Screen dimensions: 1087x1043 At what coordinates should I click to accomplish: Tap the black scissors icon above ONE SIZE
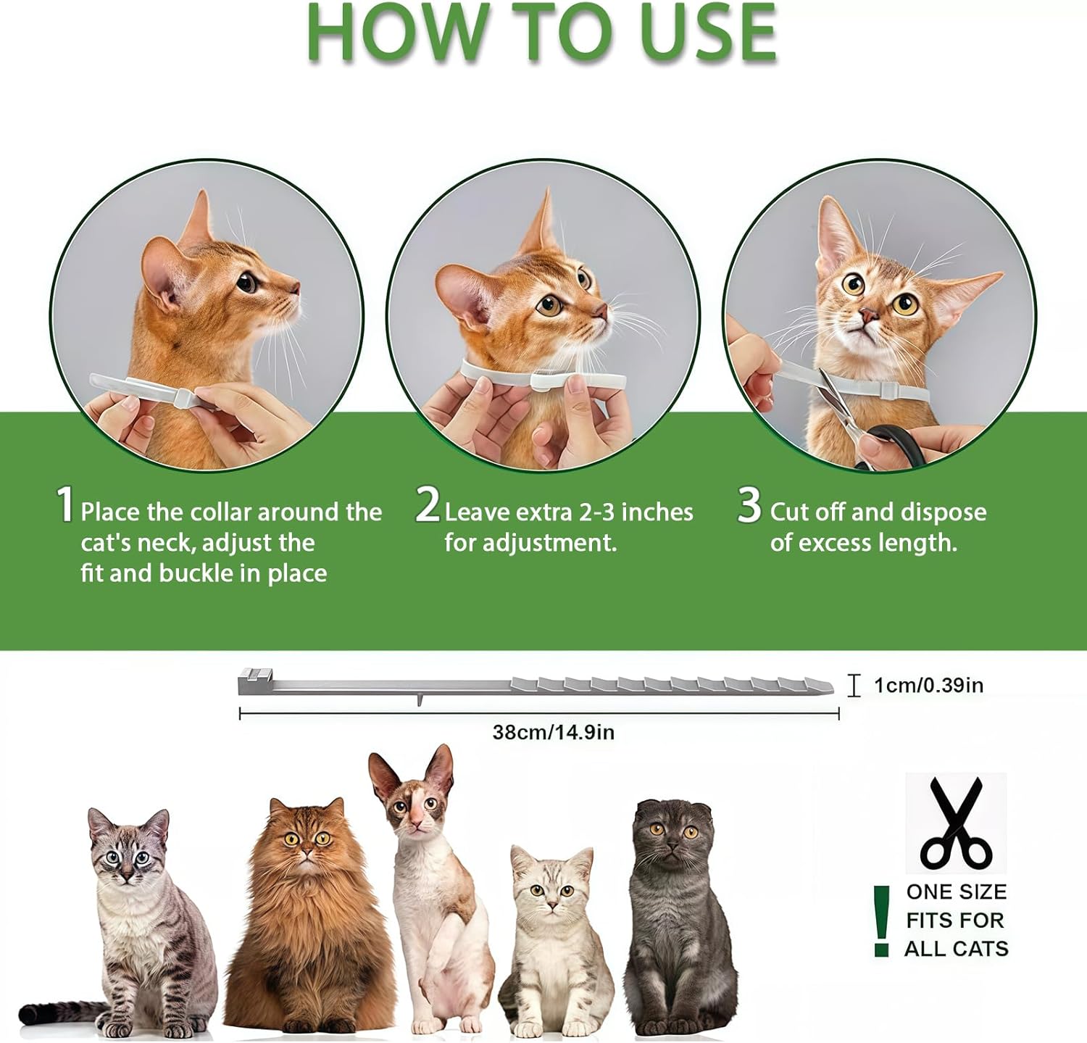(x=956, y=823)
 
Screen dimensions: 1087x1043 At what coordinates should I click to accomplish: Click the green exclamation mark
(x=881, y=921)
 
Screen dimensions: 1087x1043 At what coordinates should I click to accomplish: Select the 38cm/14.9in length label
(x=553, y=732)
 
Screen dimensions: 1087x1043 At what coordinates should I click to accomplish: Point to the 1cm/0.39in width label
(x=928, y=685)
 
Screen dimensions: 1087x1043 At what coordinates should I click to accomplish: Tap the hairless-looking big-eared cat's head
(x=413, y=794)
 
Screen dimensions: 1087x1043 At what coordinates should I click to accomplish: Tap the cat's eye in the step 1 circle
(x=247, y=281)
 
